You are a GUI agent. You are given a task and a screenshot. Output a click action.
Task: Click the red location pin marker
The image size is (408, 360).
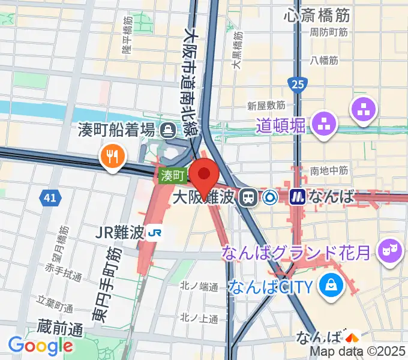pyautogui.click(x=204, y=173)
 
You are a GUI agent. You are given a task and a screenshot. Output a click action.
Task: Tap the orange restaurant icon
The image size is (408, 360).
pyautogui.click(x=112, y=157)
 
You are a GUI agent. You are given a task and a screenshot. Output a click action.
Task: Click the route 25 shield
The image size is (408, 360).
pyautogui.click(x=296, y=84)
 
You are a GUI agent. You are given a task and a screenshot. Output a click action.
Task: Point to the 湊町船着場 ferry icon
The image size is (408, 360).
pyautogui.click(x=167, y=128)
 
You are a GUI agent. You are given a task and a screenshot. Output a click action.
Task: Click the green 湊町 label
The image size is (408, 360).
pyautogui.click(x=173, y=176)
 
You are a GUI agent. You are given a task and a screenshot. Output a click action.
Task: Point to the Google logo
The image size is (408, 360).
pyautogui.click(x=40, y=346)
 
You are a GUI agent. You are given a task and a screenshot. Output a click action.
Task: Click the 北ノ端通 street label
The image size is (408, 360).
pyautogui.click(x=199, y=287)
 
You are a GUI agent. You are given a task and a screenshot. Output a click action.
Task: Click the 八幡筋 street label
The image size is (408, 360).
pyautogui.click(x=324, y=60)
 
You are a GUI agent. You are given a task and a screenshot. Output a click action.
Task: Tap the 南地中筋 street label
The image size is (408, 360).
pyautogui.click(x=329, y=171)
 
